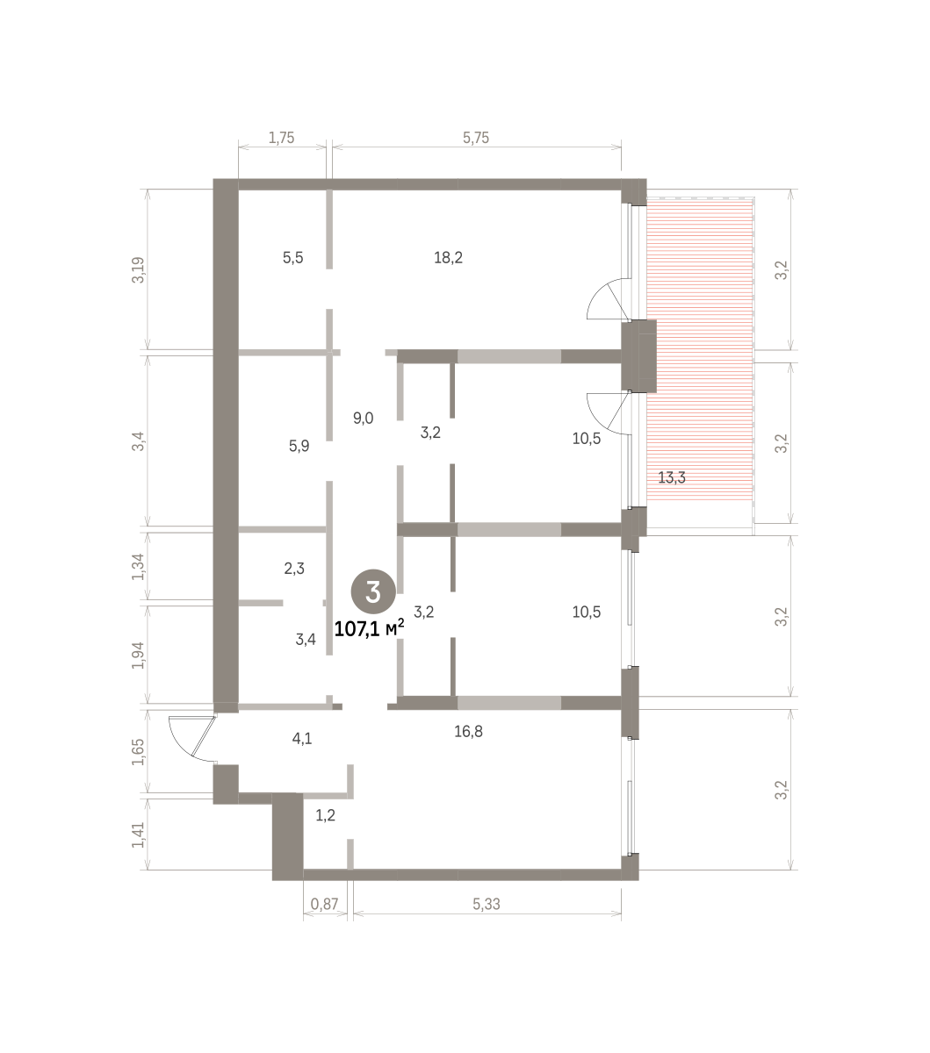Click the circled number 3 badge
373,591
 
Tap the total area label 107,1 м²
369,629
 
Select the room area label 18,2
449,257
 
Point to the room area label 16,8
468,731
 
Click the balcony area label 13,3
672,477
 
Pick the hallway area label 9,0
363,418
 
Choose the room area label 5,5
292,257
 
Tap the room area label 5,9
299,446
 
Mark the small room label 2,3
294,568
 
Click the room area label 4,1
302,738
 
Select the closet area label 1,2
325,815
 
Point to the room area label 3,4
306,639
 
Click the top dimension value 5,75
476,138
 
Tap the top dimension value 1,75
281,138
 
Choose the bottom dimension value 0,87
325,905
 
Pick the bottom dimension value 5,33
487,905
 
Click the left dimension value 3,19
139,269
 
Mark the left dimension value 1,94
139,655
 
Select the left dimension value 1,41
139,835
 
